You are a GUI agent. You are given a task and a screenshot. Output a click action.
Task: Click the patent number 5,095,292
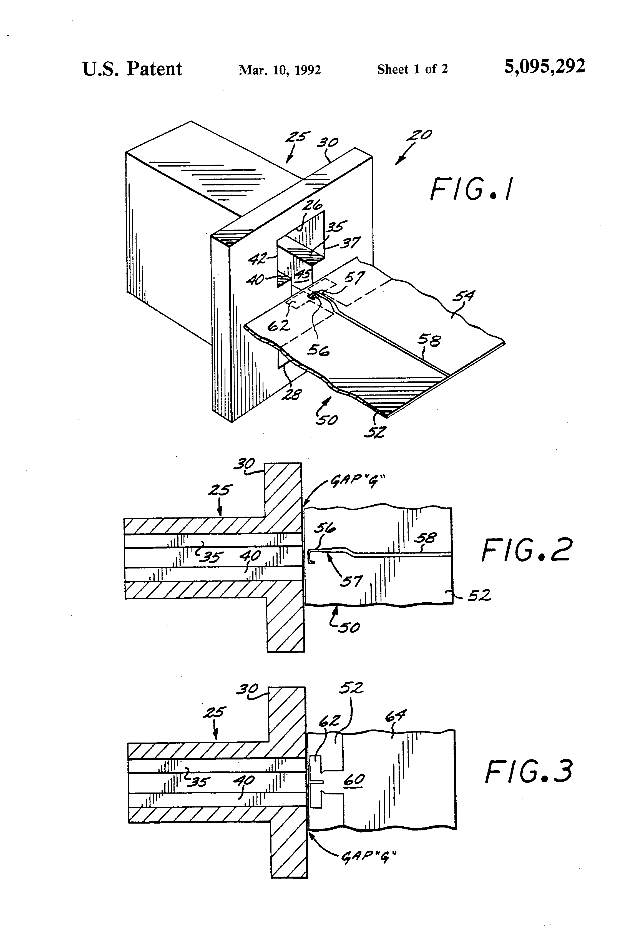[x=545, y=66]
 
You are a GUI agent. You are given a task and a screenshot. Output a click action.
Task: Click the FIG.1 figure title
[x=471, y=189]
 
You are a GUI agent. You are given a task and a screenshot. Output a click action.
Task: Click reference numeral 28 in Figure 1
[x=292, y=394]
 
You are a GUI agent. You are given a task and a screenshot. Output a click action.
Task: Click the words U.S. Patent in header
[x=132, y=69]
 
